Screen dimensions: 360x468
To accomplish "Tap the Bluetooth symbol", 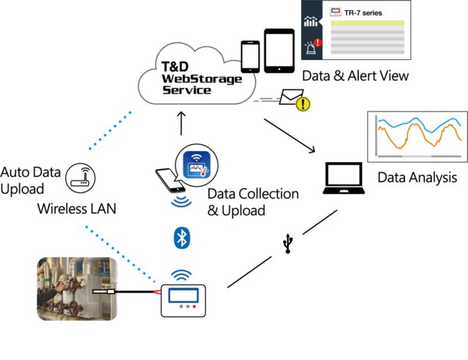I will [x=183, y=238].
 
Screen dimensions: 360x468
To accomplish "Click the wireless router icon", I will [x=76, y=178].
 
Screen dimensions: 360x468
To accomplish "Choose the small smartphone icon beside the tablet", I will [x=250, y=55].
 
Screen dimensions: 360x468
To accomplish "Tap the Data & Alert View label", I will [x=356, y=76].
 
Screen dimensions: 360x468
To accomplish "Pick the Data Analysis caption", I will [x=417, y=178].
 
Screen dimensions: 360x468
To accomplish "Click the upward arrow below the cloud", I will [x=182, y=123].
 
